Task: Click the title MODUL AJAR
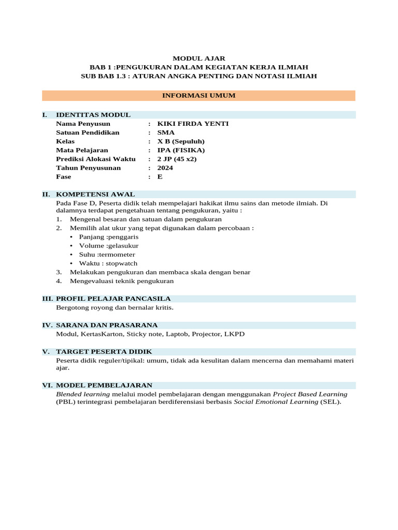pos(199,58)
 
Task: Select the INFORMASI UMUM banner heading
pos(199,96)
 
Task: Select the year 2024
pos(165,168)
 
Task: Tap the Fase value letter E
pos(160,176)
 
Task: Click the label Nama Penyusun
pos(83,124)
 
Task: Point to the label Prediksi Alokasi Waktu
pos(95,159)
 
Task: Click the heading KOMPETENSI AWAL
pos(95,195)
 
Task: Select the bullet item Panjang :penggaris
pos(109,237)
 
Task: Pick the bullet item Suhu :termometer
pos(107,254)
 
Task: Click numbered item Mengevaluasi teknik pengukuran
pos(122,281)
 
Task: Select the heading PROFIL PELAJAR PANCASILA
pos(113,299)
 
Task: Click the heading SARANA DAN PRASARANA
pos(107,325)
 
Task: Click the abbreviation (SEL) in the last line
pos(331,402)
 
